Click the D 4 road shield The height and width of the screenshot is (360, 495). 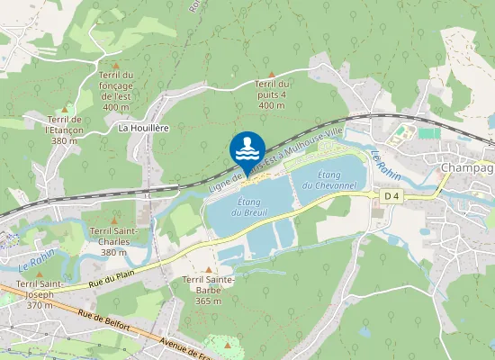391,196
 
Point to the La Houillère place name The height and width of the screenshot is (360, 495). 144,128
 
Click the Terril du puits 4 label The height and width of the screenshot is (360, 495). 272,94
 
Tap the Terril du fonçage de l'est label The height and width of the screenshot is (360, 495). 116,91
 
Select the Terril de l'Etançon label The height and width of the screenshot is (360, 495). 64,130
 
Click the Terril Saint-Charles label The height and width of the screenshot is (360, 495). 114,241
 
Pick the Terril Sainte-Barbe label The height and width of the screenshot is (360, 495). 209,290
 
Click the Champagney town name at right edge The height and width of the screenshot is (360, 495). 467,168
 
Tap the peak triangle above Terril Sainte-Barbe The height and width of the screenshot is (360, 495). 209,269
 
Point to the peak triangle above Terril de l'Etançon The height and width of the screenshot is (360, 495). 64,109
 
